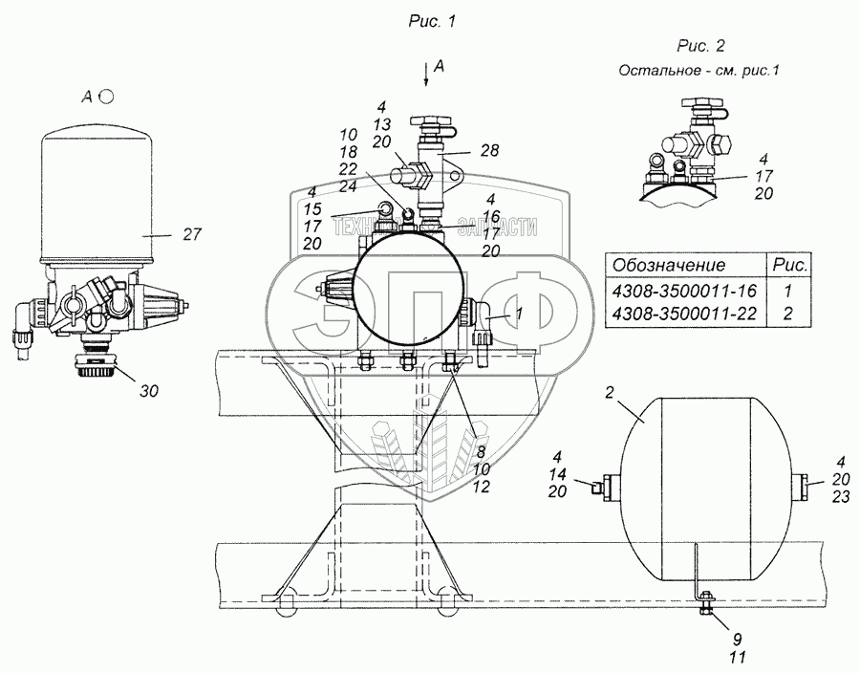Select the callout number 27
[192, 234]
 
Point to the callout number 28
[490, 150]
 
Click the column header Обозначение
[668, 265]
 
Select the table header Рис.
[790, 265]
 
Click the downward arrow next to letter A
[425, 75]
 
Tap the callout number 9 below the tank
[708, 639]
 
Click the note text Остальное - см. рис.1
[699, 70]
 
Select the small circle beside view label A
[108, 96]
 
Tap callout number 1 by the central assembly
[519, 313]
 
